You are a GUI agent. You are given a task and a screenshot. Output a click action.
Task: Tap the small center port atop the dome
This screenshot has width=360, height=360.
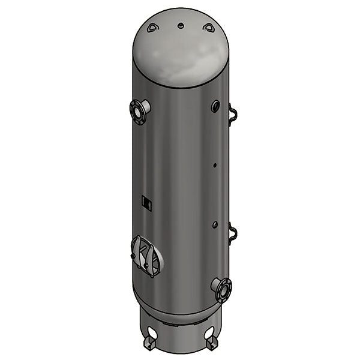pos(180,26)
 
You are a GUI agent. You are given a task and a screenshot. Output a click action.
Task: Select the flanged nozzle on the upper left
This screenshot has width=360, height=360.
pos(140,111)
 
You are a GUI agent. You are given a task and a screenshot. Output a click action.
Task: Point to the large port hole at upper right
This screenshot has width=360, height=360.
pos(215,106)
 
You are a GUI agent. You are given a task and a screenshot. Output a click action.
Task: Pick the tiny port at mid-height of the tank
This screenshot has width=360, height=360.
pos(215,164)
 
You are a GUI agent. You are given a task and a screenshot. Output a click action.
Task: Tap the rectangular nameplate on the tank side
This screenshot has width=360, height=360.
pos(146,203)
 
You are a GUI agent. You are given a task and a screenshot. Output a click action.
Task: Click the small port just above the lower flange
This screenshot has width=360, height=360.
pos(215,225)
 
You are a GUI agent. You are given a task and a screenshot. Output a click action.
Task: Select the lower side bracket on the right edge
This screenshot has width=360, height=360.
pos(233,232)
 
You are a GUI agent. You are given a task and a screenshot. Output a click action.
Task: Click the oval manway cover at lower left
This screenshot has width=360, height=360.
pos(146,256)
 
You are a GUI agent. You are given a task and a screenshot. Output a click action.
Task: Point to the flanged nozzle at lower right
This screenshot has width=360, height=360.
pos(222,289)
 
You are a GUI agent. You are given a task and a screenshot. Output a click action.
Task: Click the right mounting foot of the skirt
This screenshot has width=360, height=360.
pos(212,344)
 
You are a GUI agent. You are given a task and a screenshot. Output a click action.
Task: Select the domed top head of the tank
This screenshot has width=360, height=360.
pos(180,51)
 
